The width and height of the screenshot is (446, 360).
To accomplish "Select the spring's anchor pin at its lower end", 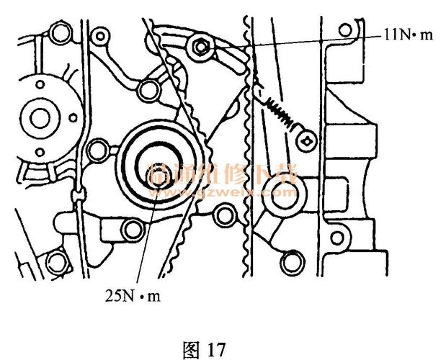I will [x=306, y=141].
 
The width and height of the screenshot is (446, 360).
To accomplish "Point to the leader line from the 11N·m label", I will [x=303, y=40].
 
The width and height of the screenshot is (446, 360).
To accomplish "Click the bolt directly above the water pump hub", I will [x=57, y=30].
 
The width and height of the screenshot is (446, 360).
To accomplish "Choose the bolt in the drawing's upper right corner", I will [x=347, y=30].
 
